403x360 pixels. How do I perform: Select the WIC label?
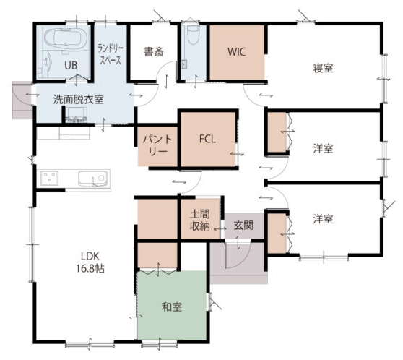236,52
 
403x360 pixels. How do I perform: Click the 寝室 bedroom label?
323,68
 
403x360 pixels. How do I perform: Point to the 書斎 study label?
154,52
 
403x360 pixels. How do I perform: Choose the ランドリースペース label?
110,54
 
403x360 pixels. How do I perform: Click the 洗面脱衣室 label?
79,99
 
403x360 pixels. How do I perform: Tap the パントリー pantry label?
157,145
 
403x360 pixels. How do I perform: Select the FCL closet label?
207,140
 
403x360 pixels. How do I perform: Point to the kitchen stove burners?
49,178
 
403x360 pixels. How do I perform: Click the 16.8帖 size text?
90,269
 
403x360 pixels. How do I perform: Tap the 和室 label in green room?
172,307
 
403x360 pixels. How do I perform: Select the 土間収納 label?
200,220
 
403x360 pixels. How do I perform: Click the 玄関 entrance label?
243,226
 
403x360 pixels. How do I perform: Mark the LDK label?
90,257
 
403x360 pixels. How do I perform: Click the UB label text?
71,65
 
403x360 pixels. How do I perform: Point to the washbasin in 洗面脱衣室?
77,114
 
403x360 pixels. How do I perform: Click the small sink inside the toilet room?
184,64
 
